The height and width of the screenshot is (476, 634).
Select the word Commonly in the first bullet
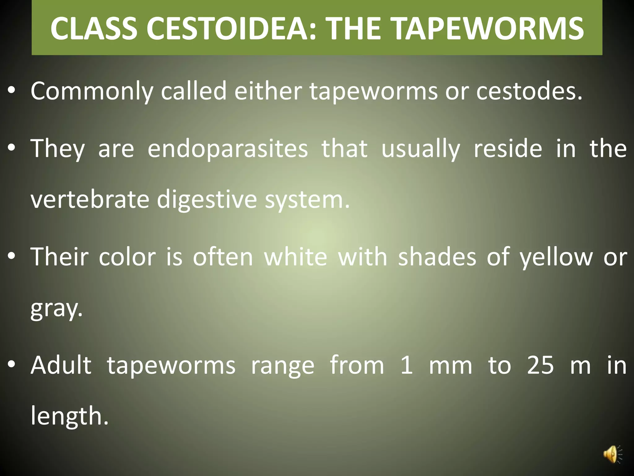[x=92, y=91]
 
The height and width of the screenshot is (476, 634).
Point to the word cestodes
[x=529, y=91]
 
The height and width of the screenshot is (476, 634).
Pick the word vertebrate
[x=90, y=199]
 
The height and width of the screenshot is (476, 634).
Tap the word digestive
[x=207, y=199]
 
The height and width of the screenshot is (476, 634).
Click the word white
[x=296, y=257]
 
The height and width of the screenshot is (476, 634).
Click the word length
[x=70, y=416]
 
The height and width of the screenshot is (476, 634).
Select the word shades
[x=437, y=257]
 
